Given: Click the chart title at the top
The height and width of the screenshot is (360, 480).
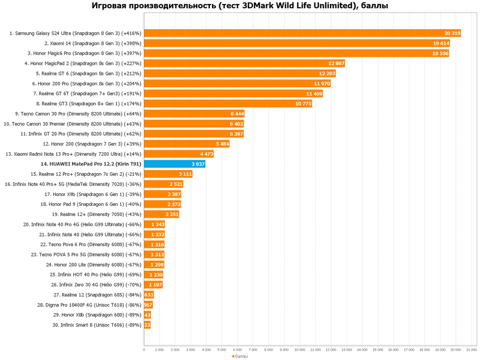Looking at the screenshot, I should coord(240,6).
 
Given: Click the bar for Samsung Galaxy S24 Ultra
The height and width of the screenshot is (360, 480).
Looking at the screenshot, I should coord(301,33).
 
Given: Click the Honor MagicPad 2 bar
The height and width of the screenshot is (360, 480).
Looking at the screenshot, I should coord(244,64).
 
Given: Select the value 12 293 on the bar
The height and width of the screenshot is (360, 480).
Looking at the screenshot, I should coord(327,74).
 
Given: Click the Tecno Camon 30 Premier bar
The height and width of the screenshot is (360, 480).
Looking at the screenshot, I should coord(194,124).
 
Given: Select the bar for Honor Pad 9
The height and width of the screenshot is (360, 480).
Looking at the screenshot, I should coord(162,204).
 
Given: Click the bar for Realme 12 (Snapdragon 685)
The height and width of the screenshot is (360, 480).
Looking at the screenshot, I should coord(148,295).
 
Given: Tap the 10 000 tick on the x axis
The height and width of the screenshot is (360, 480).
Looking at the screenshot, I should coord(300,349).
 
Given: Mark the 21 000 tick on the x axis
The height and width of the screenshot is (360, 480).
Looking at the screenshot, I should coord(471,349).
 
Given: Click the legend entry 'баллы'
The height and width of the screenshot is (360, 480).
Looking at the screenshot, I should coord(241,356).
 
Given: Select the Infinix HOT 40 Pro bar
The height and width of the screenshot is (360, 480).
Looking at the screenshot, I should coord(153,275).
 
